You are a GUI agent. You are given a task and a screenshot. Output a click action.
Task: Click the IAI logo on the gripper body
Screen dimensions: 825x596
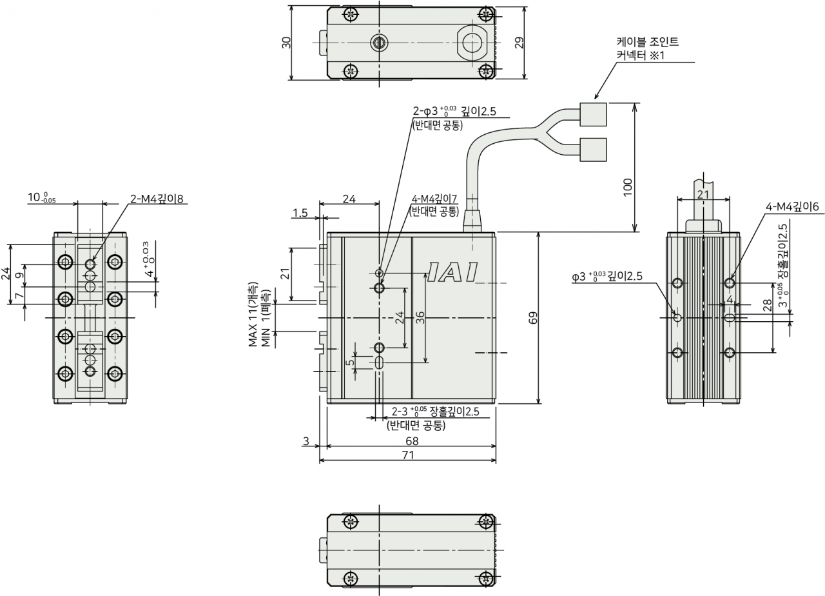(x=453, y=272)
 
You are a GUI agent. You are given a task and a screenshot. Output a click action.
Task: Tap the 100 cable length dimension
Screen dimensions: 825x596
(x=627, y=188)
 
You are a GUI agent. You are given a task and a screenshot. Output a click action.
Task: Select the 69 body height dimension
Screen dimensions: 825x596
(x=532, y=318)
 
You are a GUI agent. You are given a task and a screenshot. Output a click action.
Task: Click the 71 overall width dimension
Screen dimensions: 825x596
(x=408, y=455)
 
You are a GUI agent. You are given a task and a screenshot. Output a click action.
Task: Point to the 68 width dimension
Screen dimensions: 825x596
(x=412, y=441)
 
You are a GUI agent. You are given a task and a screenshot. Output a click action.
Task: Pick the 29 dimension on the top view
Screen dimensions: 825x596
(x=519, y=43)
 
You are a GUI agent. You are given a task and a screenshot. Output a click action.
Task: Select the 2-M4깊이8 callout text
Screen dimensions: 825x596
(x=157, y=199)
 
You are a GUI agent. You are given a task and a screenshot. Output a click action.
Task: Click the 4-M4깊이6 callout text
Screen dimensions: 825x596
(x=792, y=206)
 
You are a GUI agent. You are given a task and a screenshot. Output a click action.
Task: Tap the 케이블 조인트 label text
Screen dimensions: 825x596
(x=648, y=42)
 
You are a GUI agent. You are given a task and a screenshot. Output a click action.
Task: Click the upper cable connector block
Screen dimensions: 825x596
(x=593, y=114)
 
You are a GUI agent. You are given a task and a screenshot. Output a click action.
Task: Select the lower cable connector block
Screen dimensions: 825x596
(x=593, y=150)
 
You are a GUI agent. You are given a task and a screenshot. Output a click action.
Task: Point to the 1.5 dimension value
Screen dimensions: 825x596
(x=300, y=213)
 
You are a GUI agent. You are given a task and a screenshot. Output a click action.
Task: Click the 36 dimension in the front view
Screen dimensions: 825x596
(x=420, y=318)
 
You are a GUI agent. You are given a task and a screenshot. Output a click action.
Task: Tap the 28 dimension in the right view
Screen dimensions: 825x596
(x=767, y=305)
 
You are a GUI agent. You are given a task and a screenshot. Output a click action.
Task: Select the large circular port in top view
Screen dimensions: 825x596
(x=472, y=43)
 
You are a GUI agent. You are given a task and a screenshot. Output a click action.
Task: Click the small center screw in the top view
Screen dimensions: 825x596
(x=379, y=43)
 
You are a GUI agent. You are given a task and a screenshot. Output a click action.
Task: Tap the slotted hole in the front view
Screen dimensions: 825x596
(x=379, y=363)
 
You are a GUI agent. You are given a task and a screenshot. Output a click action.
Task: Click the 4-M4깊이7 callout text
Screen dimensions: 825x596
(x=434, y=199)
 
